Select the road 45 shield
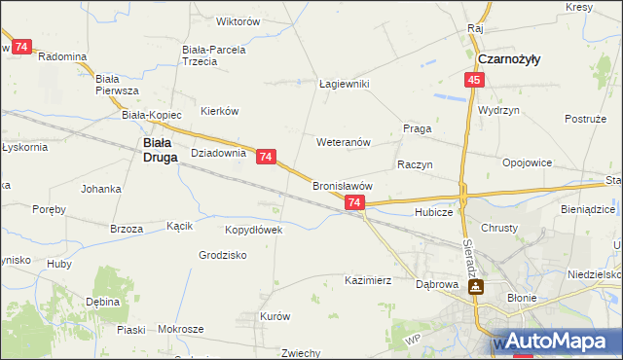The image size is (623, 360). pyautogui.click(x=473, y=80)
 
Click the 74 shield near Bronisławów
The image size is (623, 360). pyautogui.click(x=354, y=202)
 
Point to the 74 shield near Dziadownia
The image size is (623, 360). pyautogui.click(x=267, y=156)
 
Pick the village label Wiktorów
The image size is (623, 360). pyautogui.click(x=238, y=20)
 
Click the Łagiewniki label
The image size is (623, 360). pyautogui.click(x=345, y=84)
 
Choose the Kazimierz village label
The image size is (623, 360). pyautogui.click(x=368, y=280)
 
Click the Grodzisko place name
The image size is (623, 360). pyautogui.click(x=222, y=255)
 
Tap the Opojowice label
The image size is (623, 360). pyautogui.click(x=527, y=162)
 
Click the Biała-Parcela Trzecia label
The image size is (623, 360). pyautogui.click(x=213, y=54)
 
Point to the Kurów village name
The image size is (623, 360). pyautogui.click(x=275, y=316)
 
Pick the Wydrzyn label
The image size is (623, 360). pyautogui.click(x=498, y=110)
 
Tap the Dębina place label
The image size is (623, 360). pyautogui.click(x=102, y=302)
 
